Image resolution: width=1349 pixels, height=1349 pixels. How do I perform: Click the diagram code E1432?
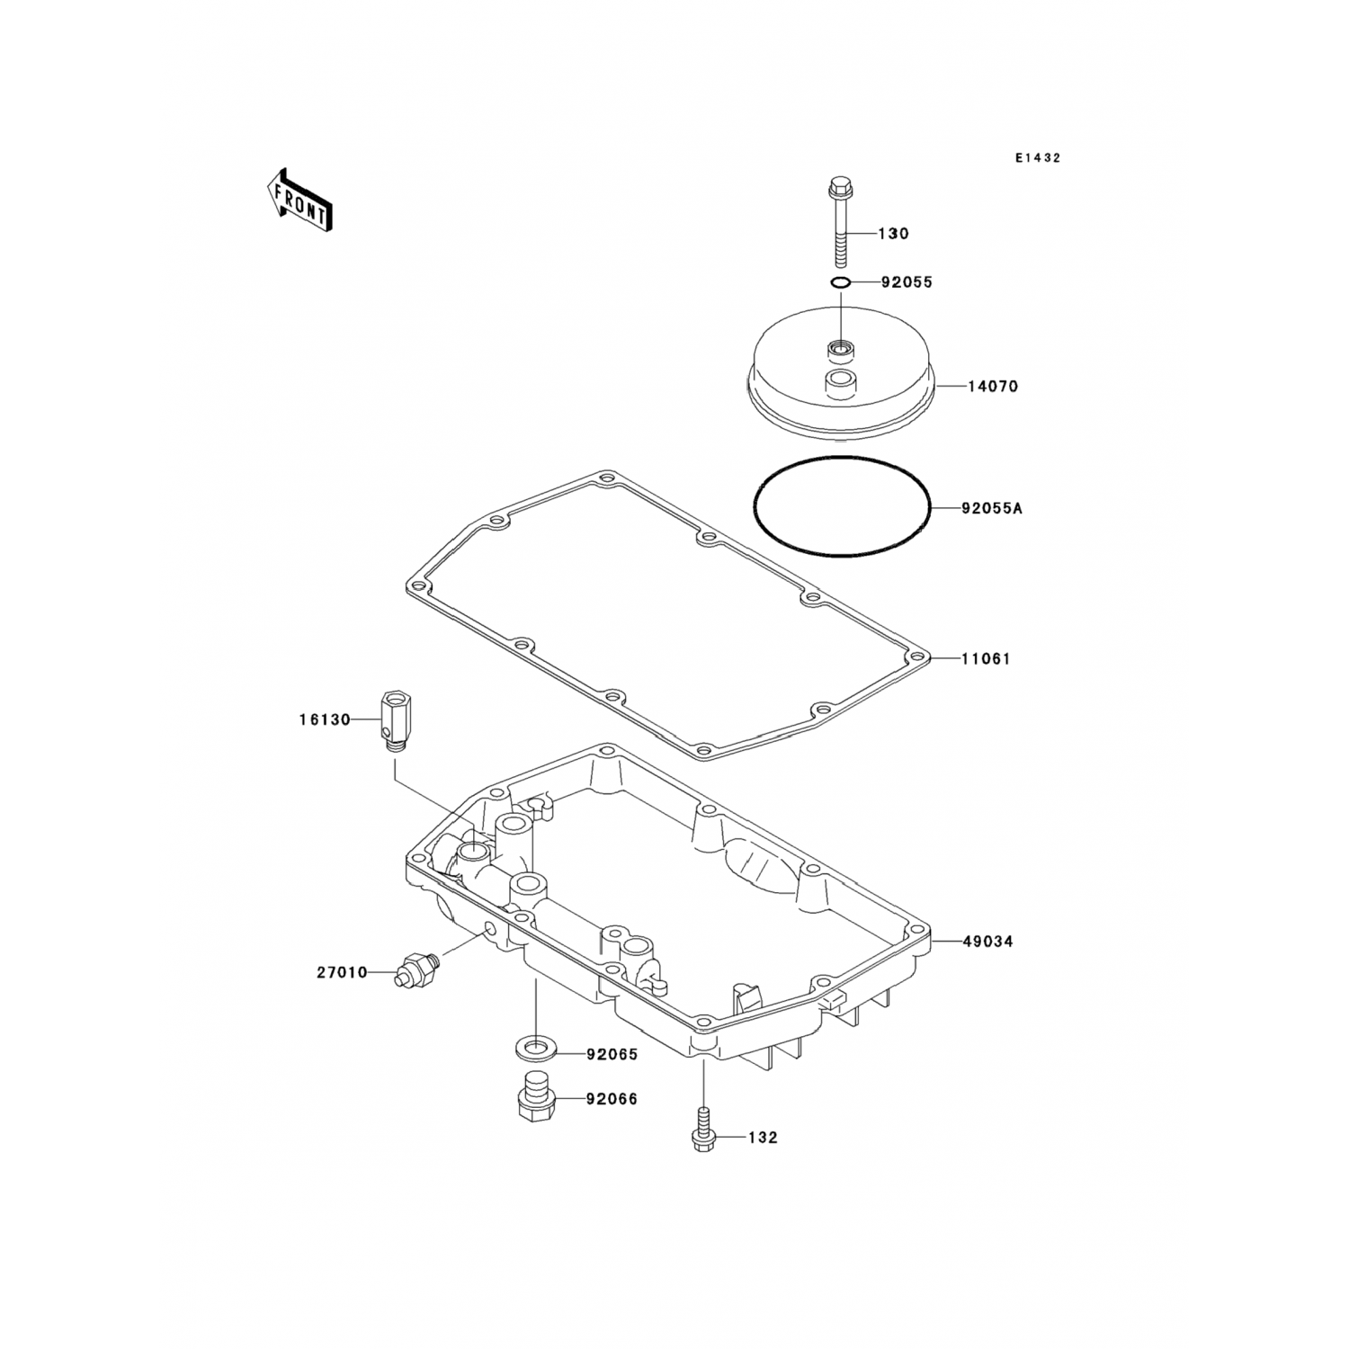tap(1038, 158)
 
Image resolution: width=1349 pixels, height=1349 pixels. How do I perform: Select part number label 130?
tap(893, 234)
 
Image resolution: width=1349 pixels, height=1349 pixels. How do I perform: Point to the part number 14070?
tap(993, 387)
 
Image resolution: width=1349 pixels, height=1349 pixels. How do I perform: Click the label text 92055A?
tap(992, 508)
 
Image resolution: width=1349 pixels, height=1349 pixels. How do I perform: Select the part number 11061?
tap(987, 659)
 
